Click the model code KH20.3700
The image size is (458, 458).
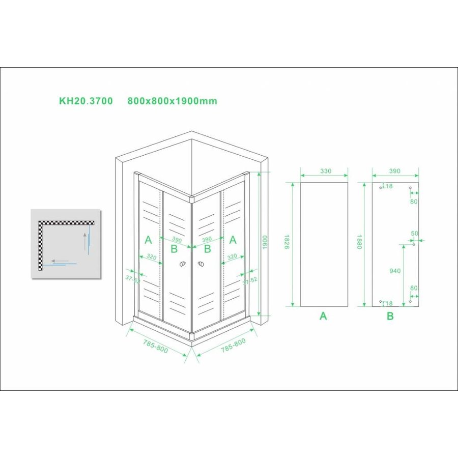(x=86, y=101)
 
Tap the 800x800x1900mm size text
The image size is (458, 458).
(x=172, y=101)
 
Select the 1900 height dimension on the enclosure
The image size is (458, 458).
(x=264, y=244)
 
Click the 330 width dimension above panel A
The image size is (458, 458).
(x=324, y=171)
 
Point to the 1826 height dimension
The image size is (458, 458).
(x=287, y=245)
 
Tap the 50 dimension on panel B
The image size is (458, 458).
(x=414, y=234)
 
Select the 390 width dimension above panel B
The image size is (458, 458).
(x=395, y=171)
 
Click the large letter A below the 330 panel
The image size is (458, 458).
(x=323, y=316)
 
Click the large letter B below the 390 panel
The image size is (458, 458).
(x=390, y=316)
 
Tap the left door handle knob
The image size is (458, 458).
(x=182, y=265)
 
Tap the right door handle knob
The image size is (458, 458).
(x=201, y=265)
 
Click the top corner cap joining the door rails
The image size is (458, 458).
(x=191, y=198)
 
